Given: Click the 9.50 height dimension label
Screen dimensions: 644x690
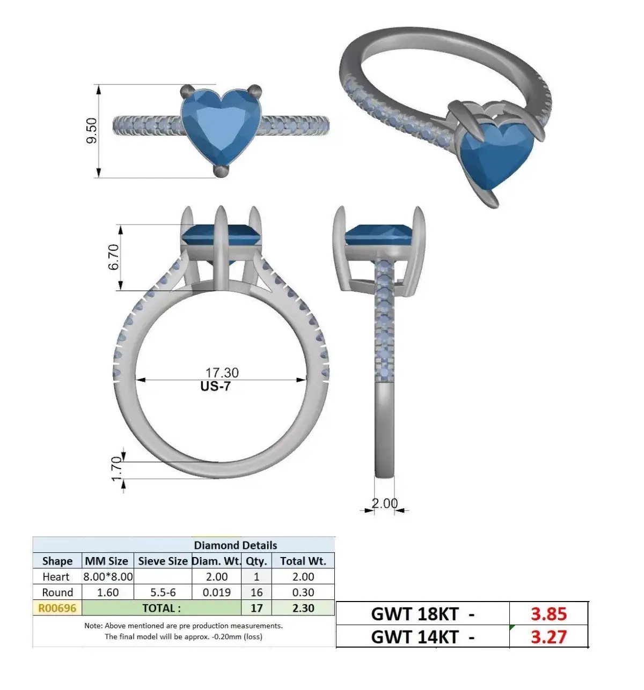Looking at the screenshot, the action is coord(92,130).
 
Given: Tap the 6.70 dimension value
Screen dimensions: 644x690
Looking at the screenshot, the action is coord(113,257).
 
